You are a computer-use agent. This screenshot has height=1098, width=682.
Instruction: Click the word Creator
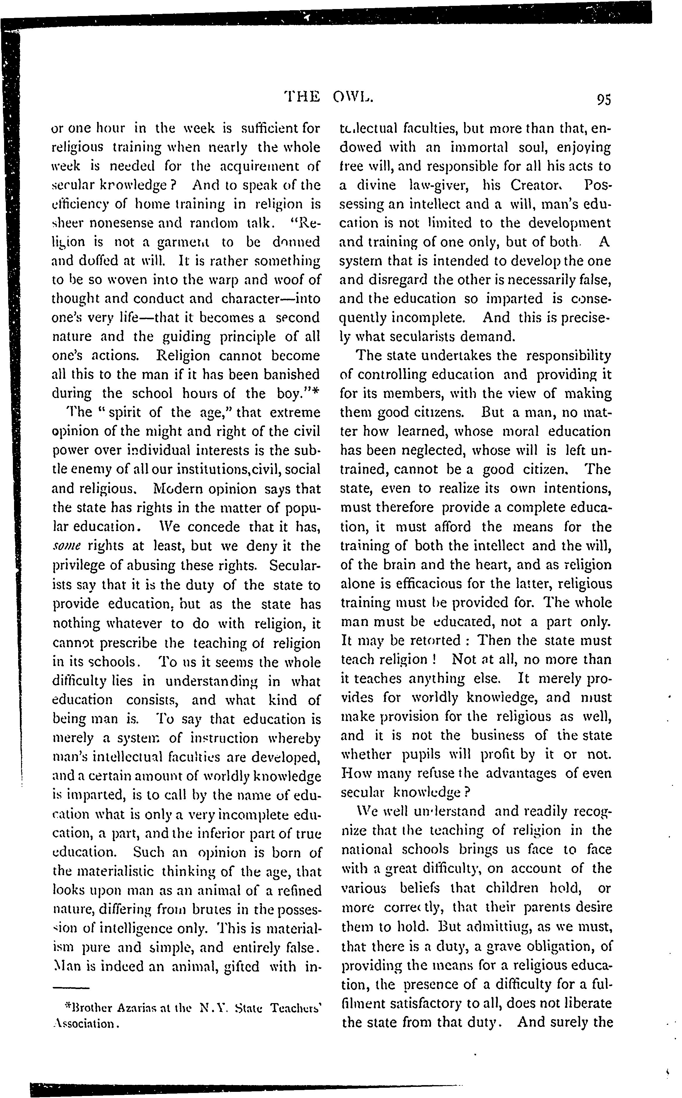point(537,185)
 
